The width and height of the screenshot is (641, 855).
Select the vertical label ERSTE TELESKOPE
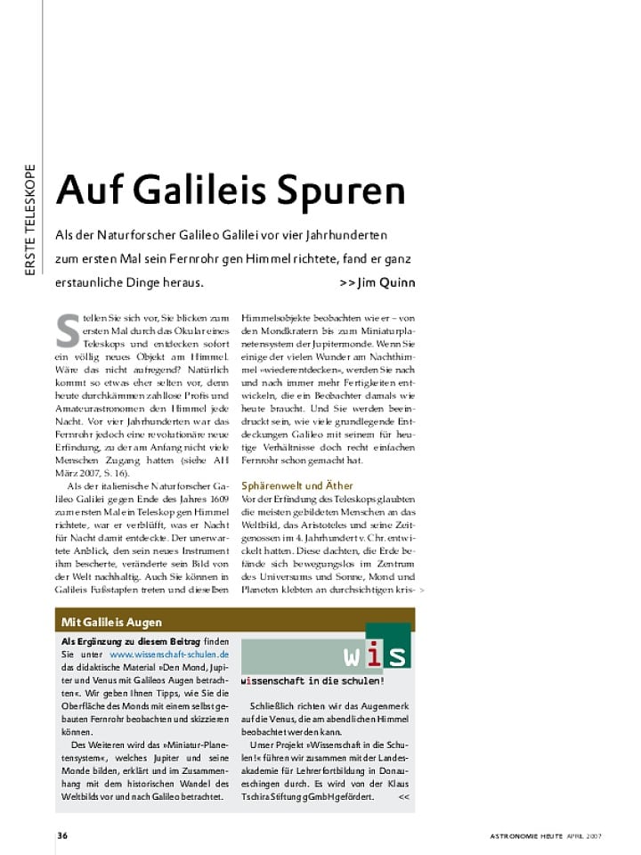(30, 218)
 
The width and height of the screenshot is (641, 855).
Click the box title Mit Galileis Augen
(111, 622)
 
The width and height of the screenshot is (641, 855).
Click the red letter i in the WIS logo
(375, 655)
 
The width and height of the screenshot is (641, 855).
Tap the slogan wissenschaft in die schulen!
(312, 681)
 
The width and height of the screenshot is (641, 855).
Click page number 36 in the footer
(62, 835)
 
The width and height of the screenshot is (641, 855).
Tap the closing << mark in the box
(404, 796)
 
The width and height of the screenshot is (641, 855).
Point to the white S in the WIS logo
(396, 656)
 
